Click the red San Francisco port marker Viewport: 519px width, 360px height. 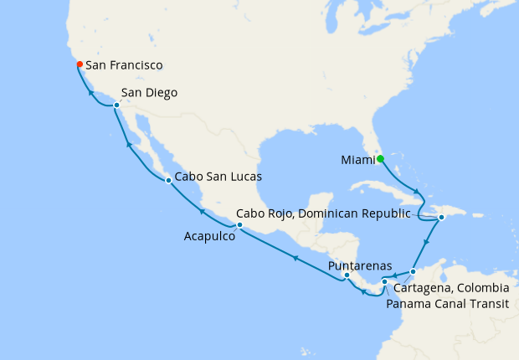[79, 64]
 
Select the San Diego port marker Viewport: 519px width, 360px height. [116, 105]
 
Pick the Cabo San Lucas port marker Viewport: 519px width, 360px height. [168, 180]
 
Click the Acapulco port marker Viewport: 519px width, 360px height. [239, 225]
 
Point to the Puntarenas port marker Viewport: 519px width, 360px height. [347, 274]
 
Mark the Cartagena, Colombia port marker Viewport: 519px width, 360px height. [414, 272]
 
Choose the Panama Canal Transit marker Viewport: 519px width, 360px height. [384, 281]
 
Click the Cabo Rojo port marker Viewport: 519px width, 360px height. [441, 218]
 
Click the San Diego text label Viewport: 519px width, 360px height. [149, 93]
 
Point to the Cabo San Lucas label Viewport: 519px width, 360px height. [218, 177]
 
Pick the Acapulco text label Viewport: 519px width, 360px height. [208, 237]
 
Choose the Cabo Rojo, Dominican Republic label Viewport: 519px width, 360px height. [323, 213]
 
